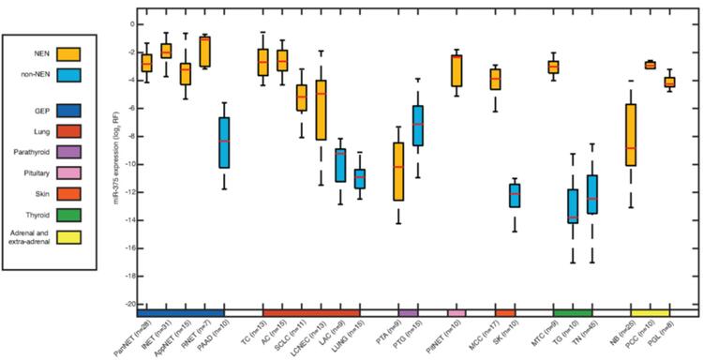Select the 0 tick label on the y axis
131,23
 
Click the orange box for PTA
398,172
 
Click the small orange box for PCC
650,65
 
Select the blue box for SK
515,195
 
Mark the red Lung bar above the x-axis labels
311,312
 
